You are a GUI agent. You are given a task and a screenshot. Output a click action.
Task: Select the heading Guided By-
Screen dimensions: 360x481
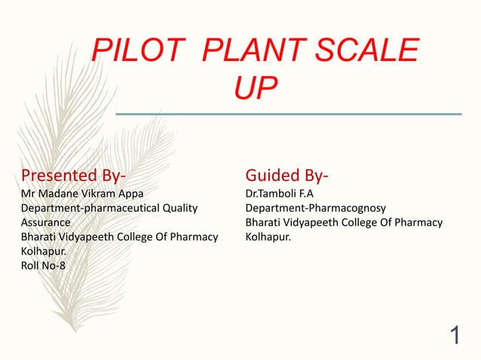[x=286, y=176]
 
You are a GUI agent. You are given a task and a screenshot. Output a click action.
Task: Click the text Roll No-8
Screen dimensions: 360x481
[x=43, y=265]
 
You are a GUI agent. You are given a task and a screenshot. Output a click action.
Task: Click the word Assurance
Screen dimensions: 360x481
[x=46, y=222]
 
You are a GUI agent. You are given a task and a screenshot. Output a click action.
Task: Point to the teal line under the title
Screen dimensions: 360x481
[x=288, y=114]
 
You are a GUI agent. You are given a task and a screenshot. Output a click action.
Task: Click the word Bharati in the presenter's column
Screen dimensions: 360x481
[x=41, y=236]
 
